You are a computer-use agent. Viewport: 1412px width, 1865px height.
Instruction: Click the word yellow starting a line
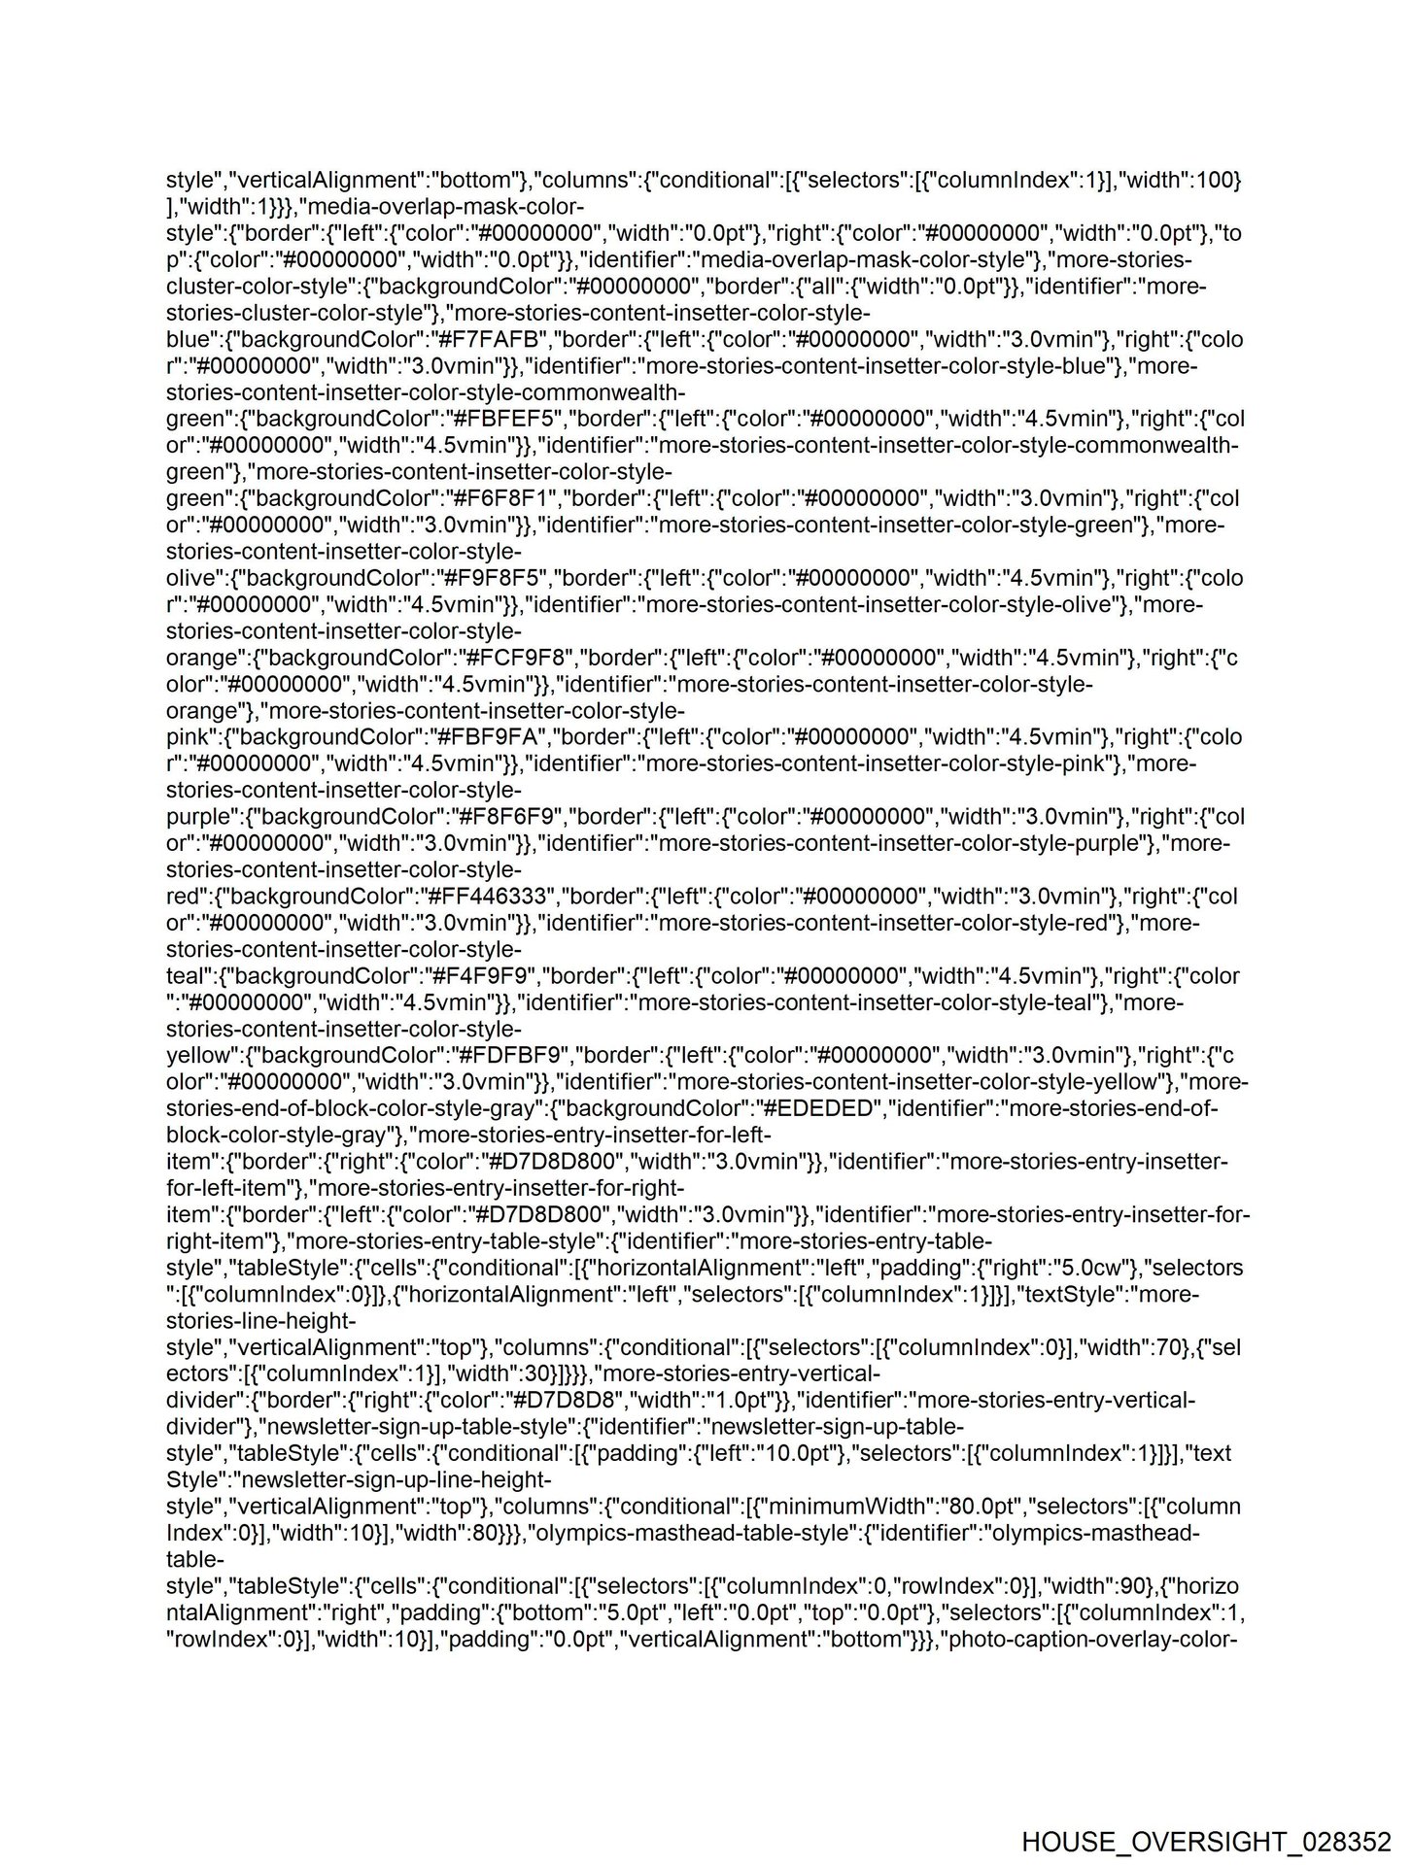coord(198,1056)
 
